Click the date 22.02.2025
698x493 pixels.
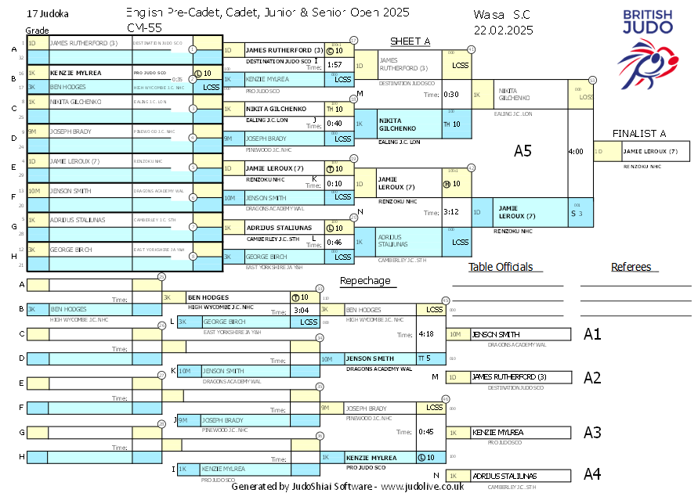pyautogui.click(x=503, y=31)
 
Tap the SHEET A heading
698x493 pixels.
pyautogui.click(x=410, y=41)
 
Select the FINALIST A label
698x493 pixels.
pyautogui.click(x=641, y=134)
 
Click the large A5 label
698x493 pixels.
pyautogui.click(x=523, y=151)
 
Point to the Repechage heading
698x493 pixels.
pyautogui.click(x=364, y=281)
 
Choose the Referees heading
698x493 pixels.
pyautogui.click(x=631, y=267)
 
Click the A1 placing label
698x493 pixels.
pyautogui.click(x=592, y=334)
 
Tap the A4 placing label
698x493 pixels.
pyautogui.click(x=592, y=474)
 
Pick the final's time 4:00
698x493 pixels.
pyautogui.click(x=575, y=151)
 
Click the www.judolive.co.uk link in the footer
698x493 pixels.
pyautogui.click(x=422, y=487)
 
